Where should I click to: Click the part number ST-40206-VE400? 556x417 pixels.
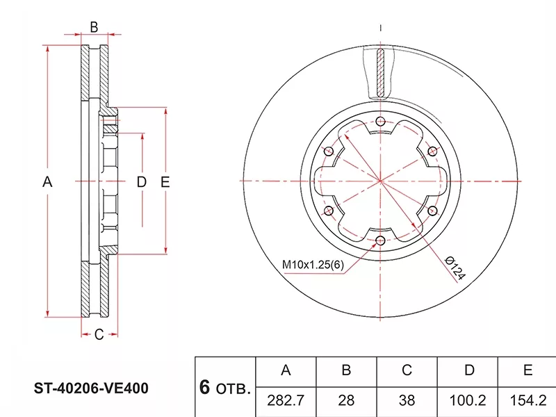pyautogui.click(x=91, y=389)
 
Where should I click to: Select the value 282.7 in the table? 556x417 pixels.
pyautogui.click(x=286, y=400)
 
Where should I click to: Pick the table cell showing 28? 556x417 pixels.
pyautogui.click(x=346, y=400)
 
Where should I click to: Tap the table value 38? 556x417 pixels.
pyautogui.click(x=407, y=400)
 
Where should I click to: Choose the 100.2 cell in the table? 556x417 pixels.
pyautogui.click(x=467, y=400)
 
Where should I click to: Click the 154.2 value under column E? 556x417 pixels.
pyautogui.click(x=528, y=400)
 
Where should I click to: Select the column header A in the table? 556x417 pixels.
pyautogui.click(x=286, y=370)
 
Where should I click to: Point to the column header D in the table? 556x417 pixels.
pyautogui.click(x=469, y=370)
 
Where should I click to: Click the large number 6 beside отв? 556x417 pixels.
pyautogui.click(x=204, y=387)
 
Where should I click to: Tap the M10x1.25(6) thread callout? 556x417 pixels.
pyautogui.click(x=313, y=265)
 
